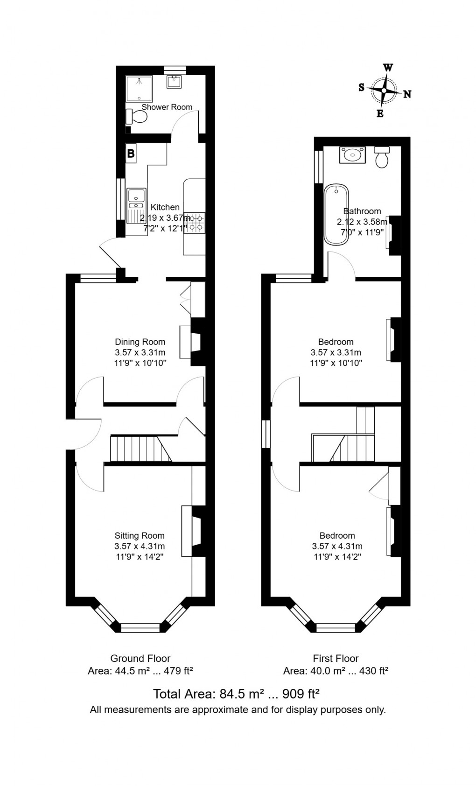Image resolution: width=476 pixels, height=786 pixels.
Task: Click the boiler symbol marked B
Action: (x=131, y=154)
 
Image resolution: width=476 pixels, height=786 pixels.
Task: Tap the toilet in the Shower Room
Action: (x=136, y=117)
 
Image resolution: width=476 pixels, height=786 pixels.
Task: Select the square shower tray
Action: (x=139, y=88)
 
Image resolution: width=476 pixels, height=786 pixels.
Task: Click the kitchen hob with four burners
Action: (x=195, y=223)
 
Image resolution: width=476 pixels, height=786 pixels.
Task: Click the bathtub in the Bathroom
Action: (x=336, y=214)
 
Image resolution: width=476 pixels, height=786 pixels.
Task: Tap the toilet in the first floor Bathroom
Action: (x=382, y=157)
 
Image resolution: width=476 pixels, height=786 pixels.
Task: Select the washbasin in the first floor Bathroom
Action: (x=352, y=155)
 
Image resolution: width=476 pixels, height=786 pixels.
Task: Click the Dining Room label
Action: (x=140, y=342)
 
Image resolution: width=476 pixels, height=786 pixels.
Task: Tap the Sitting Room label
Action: (x=140, y=535)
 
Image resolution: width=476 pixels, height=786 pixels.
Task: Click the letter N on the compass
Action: (x=407, y=94)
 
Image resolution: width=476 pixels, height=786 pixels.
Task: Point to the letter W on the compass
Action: (x=388, y=67)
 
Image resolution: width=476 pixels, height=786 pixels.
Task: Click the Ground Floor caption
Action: (x=140, y=658)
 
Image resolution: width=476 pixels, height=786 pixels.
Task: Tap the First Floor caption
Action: (x=336, y=658)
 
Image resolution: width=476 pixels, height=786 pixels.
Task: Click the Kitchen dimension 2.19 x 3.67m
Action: (x=165, y=218)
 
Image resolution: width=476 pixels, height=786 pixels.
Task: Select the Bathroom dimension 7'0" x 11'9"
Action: (x=362, y=232)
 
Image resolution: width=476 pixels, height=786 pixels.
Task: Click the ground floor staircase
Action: (x=141, y=449)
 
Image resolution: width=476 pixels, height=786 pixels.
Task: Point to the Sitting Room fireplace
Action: (x=193, y=531)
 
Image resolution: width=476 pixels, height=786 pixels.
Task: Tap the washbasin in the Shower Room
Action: (x=174, y=81)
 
